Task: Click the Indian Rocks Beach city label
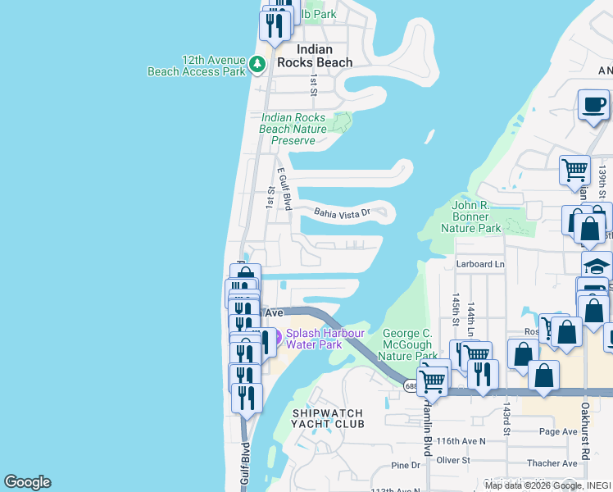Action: [315, 56]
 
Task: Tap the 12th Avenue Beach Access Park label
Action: [197, 66]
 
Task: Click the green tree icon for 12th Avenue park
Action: [258, 62]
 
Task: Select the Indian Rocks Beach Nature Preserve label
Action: [293, 129]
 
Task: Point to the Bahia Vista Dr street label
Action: [343, 213]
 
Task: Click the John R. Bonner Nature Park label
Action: [470, 216]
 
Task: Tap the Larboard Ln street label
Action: [480, 264]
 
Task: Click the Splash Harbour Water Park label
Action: [325, 339]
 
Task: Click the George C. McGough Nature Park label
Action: [410, 344]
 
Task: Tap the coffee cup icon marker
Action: [593, 105]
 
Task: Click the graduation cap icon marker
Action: [597, 266]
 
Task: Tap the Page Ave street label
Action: [559, 431]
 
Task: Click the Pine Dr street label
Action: [405, 465]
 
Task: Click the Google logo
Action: [27, 482]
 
